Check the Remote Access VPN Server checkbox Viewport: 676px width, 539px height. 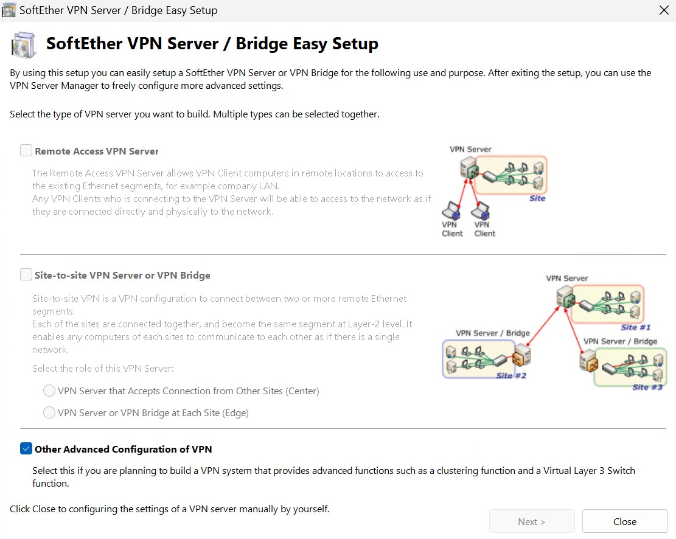pos(26,150)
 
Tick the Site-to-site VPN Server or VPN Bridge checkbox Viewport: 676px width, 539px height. pos(26,275)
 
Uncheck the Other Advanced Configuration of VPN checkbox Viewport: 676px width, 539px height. pos(26,449)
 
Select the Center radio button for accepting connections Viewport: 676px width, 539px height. pos(49,391)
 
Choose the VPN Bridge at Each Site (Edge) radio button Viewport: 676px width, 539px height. pos(49,412)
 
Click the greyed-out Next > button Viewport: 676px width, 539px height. pos(531,521)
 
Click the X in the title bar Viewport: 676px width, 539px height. pos(664,10)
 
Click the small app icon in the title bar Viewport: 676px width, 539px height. pos(9,10)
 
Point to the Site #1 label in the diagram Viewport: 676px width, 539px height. pos(635,327)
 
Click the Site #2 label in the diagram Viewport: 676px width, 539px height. pos(510,375)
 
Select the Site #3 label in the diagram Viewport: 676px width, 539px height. pos(647,387)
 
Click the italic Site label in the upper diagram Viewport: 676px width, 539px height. pos(537,198)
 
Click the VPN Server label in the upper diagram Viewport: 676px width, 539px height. pos(470,149)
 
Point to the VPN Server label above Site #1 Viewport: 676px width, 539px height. pos(566,278)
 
